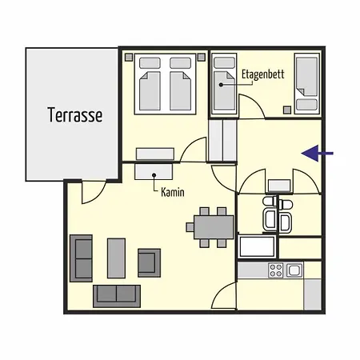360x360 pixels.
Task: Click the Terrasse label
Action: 75,115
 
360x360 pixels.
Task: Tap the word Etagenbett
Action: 263,74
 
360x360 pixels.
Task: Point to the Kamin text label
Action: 173,192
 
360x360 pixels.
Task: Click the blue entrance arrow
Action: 318,154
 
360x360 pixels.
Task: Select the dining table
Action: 214,227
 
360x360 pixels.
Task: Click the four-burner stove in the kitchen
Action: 276,270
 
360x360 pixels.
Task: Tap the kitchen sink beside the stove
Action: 294,270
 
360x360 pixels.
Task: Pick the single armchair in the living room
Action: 149,263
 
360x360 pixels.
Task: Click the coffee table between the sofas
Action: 116,258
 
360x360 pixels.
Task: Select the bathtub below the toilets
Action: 258,246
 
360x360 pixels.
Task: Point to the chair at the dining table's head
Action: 190,227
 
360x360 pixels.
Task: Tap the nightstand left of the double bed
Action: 129,57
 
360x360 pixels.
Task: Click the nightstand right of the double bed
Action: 202,57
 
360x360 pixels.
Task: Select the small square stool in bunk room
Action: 287,110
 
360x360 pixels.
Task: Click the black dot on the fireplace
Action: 154,175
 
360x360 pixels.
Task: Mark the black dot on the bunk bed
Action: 221,85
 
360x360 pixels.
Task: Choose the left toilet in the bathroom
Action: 270,201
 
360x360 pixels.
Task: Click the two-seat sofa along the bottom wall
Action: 117,296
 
